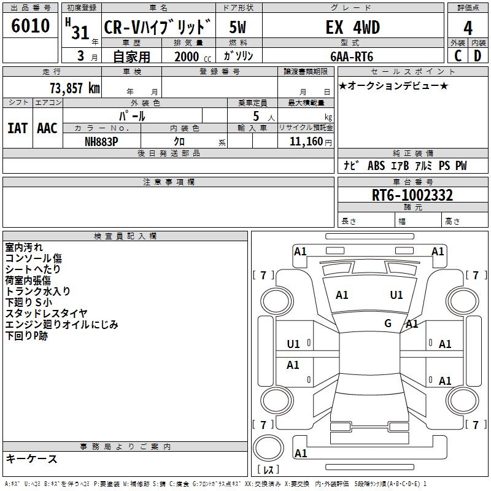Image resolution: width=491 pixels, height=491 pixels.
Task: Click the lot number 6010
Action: pyautogui.click(x=31, y=26)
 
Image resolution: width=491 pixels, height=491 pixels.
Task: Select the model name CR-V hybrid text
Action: pyautogui.click(x=158, y=28)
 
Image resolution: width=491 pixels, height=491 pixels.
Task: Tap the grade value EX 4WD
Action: pyautogui.click(x=352, y=28)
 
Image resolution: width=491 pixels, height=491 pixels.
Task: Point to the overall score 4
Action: pyautogui.click(x=468, y=28)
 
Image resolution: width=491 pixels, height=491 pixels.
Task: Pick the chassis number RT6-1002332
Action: pyautogui.click(x=412, y=195)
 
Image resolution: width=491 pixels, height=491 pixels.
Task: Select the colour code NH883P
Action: pyautogui.click(x=102, y=141)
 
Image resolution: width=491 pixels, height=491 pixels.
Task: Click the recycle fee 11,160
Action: pyautogui.click(x=305, y=141)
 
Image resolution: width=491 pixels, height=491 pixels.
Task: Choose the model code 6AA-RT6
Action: pyautogui.click(x=352, y=56)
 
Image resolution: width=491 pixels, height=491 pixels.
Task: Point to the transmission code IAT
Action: pyautogui.click(x=17, y=128)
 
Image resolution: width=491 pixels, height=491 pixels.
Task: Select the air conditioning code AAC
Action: pyautogui.click(x=47, y=128)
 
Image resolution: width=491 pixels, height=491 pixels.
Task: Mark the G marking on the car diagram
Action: pyautogui.click(x=388, y=323)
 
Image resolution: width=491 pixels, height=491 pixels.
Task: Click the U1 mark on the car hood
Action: pyautogui.click(x=396, y=295)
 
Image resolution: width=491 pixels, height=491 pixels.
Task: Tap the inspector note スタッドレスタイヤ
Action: pyautogui.click(x=47, y=314)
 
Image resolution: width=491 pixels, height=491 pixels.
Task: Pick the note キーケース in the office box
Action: pyautogui.click(x=32, y=459)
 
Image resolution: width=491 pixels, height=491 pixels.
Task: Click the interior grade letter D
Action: pyautogui.click(x=477, y=56)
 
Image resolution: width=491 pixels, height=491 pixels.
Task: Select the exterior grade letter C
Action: pyautogui.click(x=458, y=56)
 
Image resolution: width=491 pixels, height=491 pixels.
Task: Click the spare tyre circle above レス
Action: pyautogui.click(x=271, y=446)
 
